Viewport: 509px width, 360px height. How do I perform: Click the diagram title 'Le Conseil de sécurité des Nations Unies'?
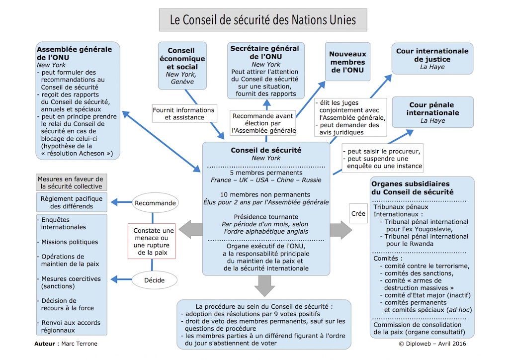[263, 20]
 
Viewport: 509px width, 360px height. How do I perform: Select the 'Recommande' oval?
[155, 203]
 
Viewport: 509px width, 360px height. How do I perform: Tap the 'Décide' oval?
[155, 280]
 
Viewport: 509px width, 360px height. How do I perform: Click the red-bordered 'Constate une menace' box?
[152, 241]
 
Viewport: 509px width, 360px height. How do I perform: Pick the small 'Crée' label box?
[358, 213]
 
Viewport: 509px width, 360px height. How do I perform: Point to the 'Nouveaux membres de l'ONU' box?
[347, 62]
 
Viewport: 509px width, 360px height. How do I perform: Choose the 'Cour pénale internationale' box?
[433, 112]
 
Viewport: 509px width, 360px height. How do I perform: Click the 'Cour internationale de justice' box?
[432, 59]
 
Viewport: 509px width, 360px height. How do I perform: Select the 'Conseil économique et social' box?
[182, 66]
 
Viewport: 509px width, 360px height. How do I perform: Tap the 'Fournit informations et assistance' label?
[184, 113]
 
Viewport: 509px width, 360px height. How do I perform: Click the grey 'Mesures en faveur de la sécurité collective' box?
[71, 182]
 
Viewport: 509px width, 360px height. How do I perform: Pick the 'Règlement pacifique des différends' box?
[72, 202]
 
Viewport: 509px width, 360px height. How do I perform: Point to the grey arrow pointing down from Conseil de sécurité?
[264, 285]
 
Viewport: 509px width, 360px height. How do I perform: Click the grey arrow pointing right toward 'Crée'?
[341, 230]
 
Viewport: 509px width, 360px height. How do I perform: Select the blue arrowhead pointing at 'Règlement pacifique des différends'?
[114, 202]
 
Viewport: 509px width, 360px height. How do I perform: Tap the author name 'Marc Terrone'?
[79, 344]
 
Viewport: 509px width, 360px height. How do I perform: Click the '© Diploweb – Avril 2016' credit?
[432, 344]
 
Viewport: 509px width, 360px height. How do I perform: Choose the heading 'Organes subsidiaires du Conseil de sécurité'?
[412, 187]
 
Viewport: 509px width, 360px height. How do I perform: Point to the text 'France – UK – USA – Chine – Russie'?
[266, 180]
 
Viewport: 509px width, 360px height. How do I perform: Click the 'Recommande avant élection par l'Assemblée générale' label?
[263, 123]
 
